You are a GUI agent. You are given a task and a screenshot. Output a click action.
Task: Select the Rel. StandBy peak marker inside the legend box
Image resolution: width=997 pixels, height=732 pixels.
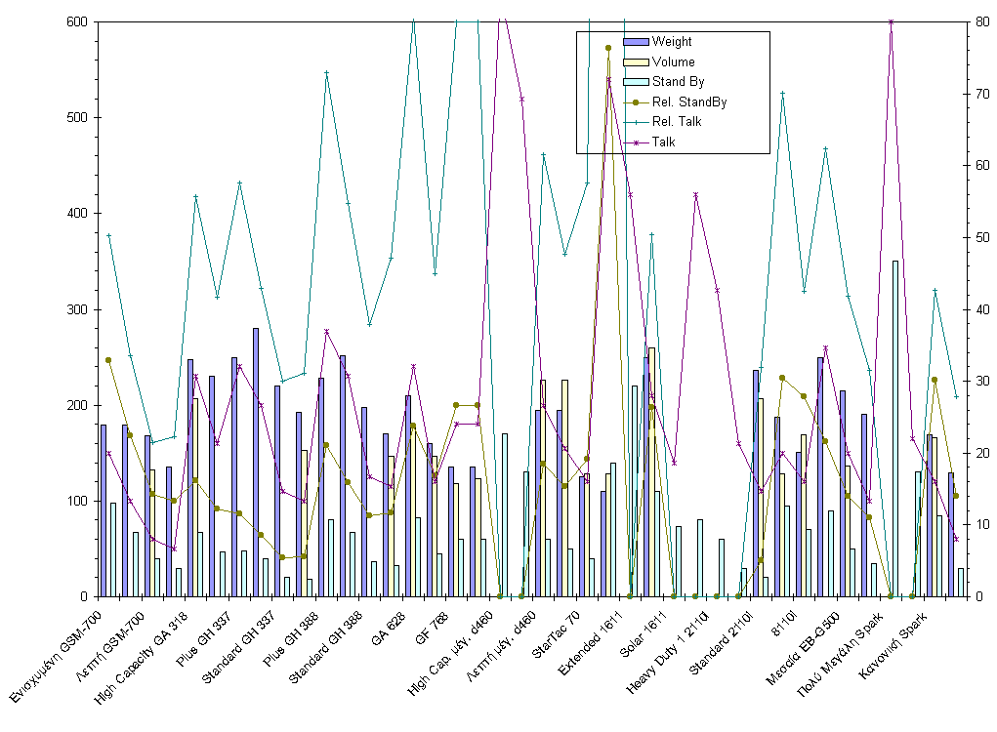coord(607,48)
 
